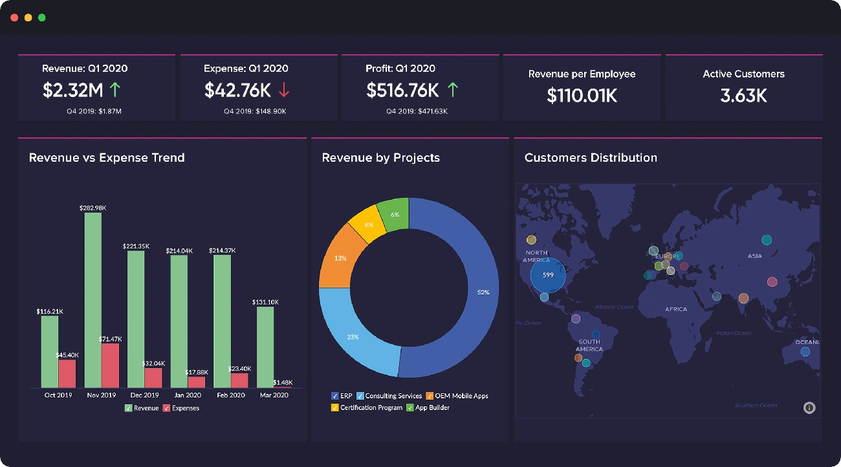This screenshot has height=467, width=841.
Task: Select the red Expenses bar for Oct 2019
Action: [x=67, y=373]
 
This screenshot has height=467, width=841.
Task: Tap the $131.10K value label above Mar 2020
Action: [x=265, y=302]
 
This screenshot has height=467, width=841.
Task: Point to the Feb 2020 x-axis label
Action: [x=230, y=395]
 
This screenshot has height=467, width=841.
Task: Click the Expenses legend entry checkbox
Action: [x=166, y=408]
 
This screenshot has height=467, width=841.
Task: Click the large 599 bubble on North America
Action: [x=548, y=276]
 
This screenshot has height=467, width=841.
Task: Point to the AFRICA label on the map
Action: [x=676, y=309]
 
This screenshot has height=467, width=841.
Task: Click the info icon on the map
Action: [x=809, y=407]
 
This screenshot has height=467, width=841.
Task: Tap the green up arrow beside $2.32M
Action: [x=115, y=89]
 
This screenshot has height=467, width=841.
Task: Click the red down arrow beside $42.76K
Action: [x=283, y=90]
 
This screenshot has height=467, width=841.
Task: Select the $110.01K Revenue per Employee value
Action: [x=582, y=96]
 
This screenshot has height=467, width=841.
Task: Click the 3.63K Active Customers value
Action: [x=743, y=96]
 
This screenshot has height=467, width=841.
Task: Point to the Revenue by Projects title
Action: [x=380, y=158]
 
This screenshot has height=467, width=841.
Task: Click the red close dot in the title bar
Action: [x=14, y=17]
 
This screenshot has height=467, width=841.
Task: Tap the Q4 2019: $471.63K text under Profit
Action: [x=417, y=111]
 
